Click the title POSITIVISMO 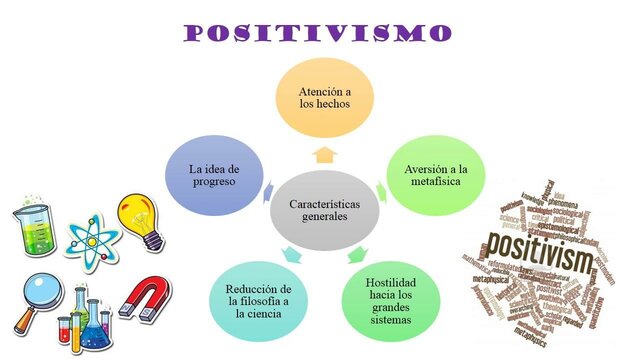tap(318, 32)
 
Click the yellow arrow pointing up tap(323, 154)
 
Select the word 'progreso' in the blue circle tap(214, 183)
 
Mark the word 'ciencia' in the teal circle tap(255, 314)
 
